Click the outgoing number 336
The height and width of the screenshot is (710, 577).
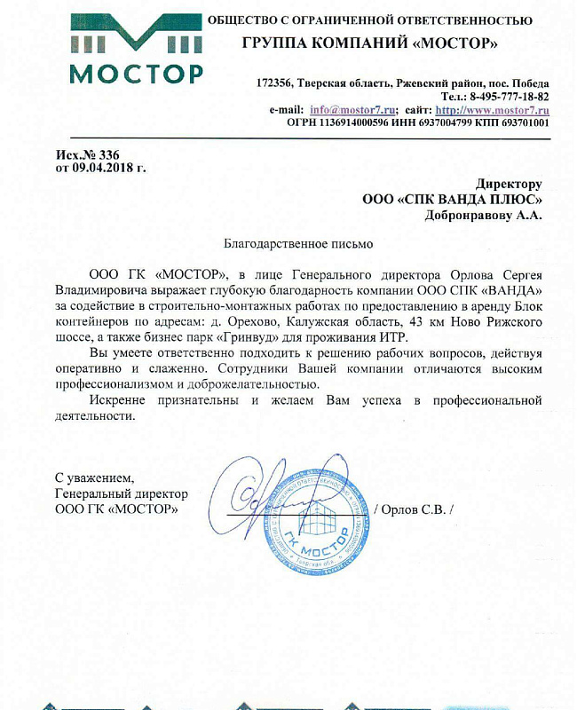(109, 154)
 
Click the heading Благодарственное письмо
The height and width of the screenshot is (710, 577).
(297, 242)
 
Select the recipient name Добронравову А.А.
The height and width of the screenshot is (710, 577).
(485, 213)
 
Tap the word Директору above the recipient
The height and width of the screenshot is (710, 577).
(509, 185)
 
